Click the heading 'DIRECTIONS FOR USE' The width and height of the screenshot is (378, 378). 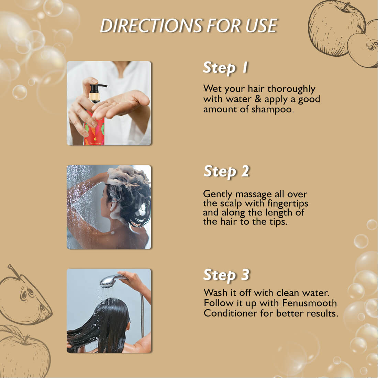click(189, 25)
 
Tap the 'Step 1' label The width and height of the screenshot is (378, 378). click(225, 68)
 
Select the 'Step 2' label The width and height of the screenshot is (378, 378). click(226, 171)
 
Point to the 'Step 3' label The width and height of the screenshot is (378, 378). click(226, 275)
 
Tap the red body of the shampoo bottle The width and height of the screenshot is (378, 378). click(94, 130)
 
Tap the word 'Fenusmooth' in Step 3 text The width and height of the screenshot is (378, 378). click(309, 303)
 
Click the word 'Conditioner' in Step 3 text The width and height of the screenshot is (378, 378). click(230, 313)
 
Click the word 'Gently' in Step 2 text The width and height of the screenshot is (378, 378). click(218, 194)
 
